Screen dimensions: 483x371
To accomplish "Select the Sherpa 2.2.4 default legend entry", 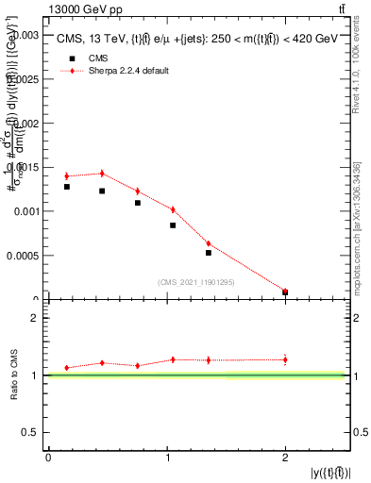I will coord(127,71).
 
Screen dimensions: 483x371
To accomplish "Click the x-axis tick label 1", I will coord(166,458).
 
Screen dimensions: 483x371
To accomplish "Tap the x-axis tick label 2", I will coord(285,458).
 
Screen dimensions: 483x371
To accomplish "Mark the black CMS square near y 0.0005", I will coord(209,253).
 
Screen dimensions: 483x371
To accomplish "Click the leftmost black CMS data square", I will coord(67,187).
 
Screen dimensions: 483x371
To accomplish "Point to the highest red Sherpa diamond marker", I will coord(102,173).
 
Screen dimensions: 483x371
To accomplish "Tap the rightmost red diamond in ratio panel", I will coord(285,358).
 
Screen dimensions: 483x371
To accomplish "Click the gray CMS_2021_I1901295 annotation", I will coord(196,282).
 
